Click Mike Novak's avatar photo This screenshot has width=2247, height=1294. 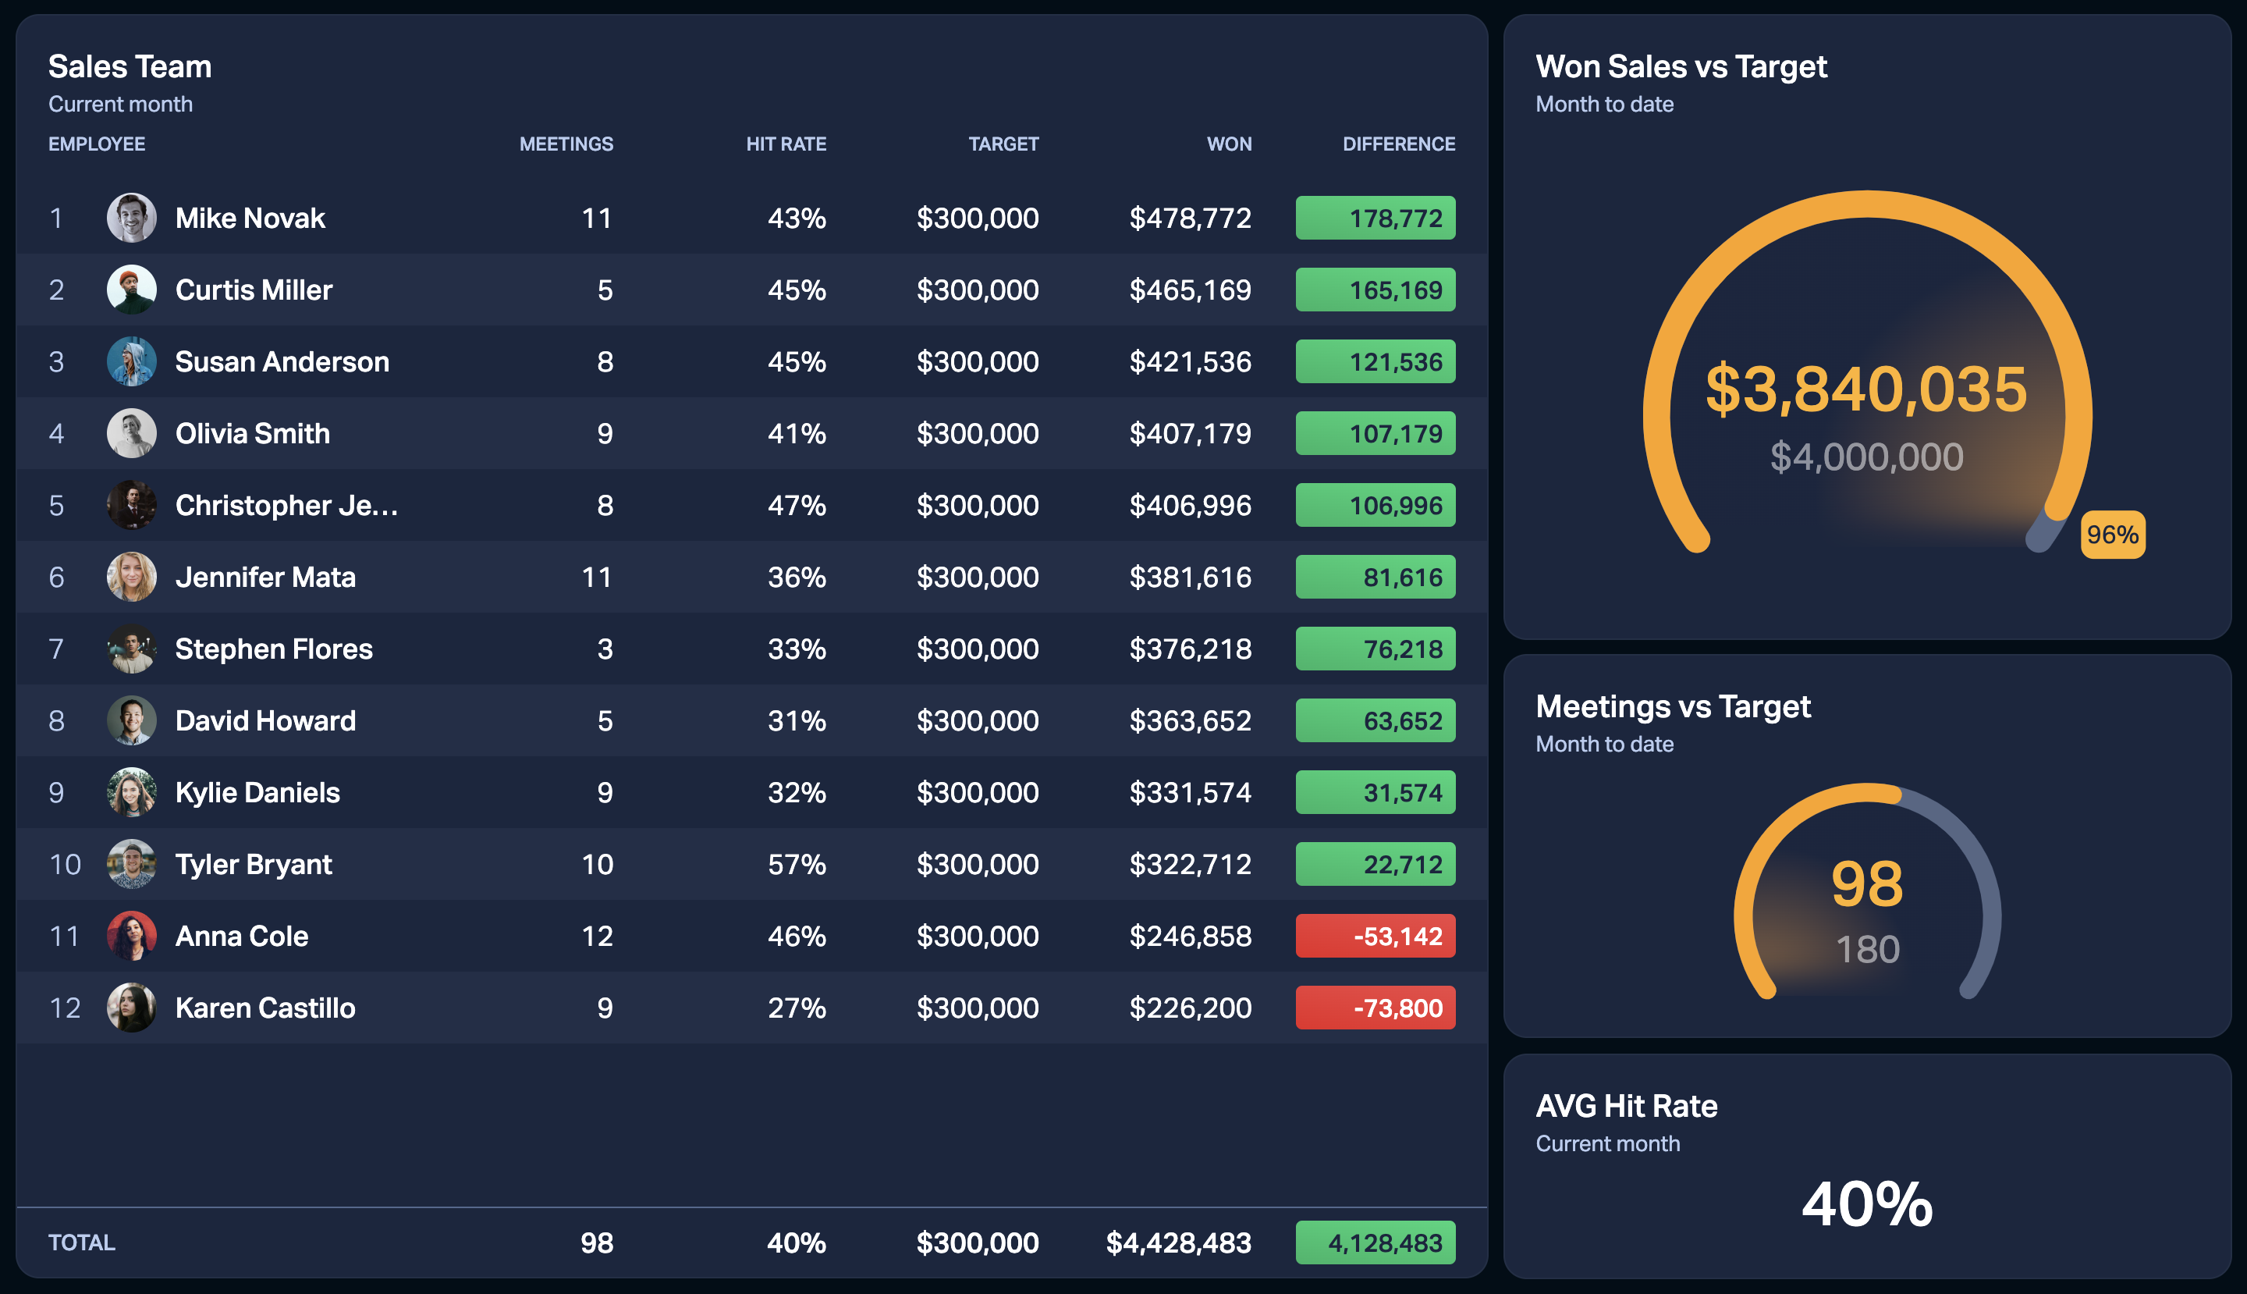(132, 218)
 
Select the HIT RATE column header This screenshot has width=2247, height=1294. (786, 144)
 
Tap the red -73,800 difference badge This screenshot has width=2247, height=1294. (1375, 1008)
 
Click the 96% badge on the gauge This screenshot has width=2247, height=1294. (2112, 534)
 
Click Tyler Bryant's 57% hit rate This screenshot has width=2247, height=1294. (796, 864)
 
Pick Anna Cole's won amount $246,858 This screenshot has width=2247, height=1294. (1190, 936)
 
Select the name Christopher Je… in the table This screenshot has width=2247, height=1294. (286, 505)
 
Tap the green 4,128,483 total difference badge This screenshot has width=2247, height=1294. (1375, 1242)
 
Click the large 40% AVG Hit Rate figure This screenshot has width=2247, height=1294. (1867, 1203)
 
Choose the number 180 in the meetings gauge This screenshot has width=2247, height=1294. (1868, 949)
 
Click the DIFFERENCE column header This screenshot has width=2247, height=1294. (1398, 144)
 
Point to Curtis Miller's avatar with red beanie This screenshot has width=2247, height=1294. (132, 290)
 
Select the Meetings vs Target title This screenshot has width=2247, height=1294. (1672, 706)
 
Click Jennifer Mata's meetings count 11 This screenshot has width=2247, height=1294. (596, 577)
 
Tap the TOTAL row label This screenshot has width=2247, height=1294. (82, 1242)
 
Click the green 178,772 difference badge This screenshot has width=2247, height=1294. (1375, 218)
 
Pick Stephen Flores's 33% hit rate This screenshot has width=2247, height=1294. (796, 649)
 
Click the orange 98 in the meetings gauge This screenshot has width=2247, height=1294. (1867, 883)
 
